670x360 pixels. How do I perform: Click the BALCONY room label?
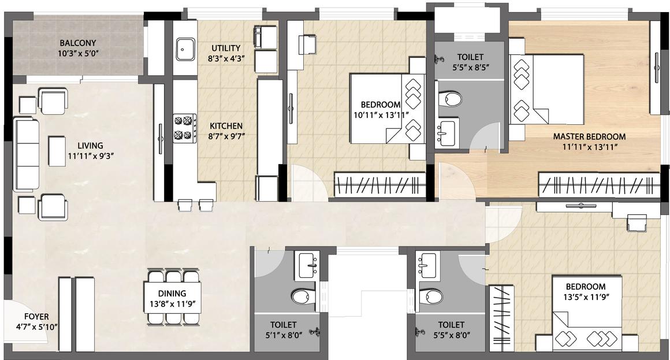(78, 43)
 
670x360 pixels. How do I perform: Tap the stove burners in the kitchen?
(185, 128)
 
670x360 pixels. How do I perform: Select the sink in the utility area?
(185, 50)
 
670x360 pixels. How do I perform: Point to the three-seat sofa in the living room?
(27, 155)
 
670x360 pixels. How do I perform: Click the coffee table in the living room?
(57, 151)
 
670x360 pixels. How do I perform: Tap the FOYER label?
(36, 317)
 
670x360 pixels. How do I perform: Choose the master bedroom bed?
(546, 90)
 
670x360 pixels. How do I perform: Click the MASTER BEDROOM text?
(589, 137)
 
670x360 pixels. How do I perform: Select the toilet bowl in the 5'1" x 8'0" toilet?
(304, 296)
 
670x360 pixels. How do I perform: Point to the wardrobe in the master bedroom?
(598, 185)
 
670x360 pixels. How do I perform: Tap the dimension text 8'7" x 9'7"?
(226, 136)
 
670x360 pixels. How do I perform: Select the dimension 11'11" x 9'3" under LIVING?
(90, 156)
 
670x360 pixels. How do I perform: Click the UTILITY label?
(226, 49)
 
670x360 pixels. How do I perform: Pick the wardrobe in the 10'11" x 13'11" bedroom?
(380, 185)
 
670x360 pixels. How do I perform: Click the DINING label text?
(172, 294)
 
